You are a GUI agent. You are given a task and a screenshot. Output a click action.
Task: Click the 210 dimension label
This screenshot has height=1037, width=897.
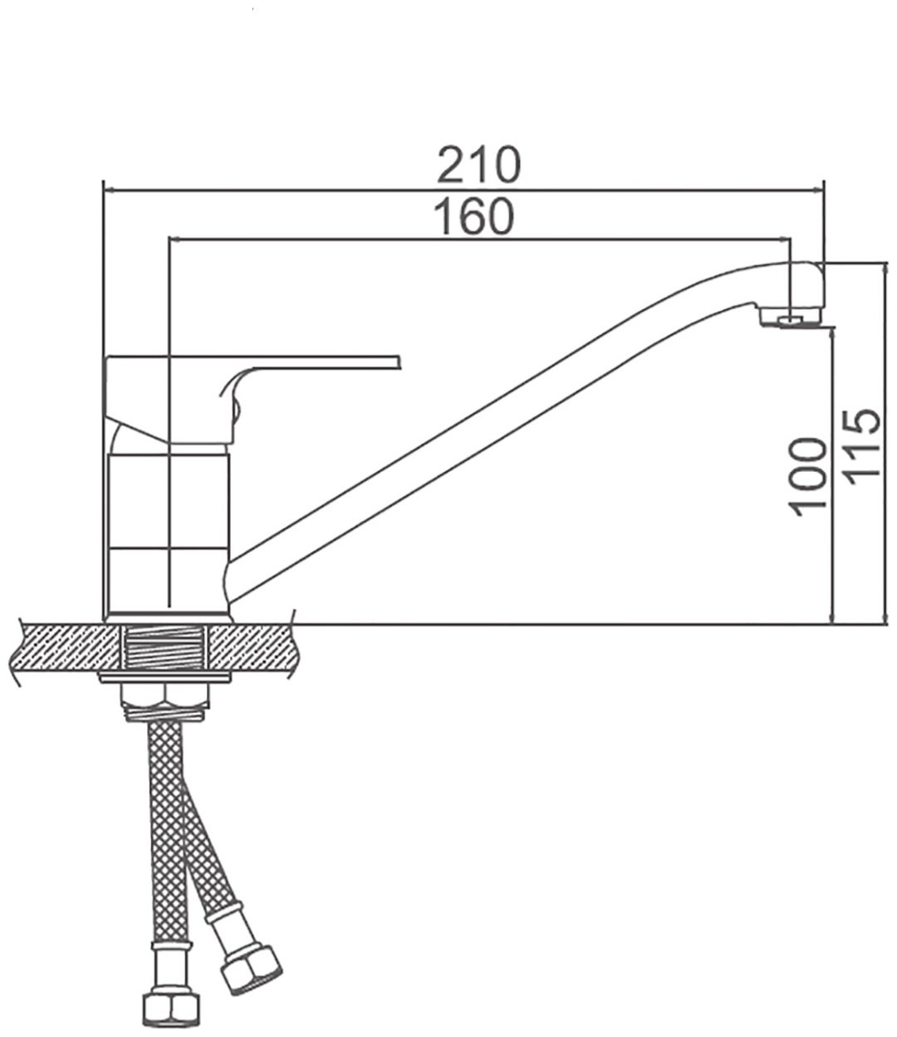click(x=479, y=165)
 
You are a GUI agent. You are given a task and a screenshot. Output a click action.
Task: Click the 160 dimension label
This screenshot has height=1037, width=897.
click(x=473, y=216)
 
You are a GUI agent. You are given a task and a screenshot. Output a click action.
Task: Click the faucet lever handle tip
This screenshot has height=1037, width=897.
click(x=399, y=362)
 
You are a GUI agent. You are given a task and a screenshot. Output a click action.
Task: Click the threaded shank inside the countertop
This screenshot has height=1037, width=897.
click(x=164, y=648)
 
